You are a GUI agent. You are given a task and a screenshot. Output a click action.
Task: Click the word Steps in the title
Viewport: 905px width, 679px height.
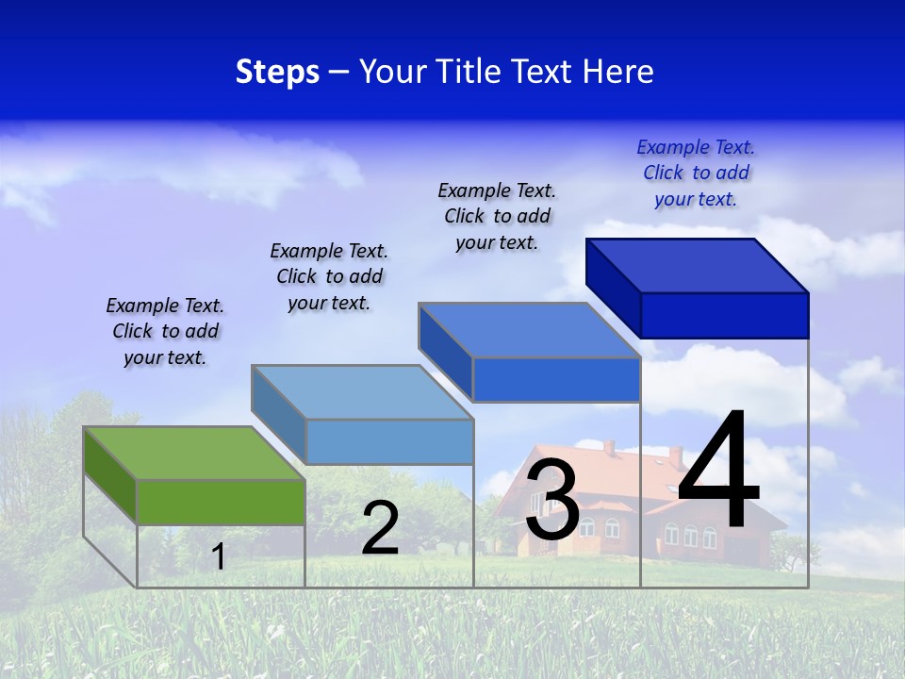pos(277,72)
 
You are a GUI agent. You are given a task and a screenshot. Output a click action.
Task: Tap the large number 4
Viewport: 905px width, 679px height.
pos(718,472)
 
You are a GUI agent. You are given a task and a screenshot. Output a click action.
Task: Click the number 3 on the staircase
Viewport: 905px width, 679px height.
pos(552,501)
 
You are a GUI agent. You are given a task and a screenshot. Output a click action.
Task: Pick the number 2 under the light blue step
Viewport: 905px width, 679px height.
pos(380,529)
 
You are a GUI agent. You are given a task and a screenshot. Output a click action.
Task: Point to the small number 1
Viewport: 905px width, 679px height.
pos(218,556)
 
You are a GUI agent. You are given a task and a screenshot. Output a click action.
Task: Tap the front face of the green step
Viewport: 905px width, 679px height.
pos(221,502)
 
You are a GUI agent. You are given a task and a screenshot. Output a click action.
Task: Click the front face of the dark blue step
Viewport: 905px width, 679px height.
pos(724,315)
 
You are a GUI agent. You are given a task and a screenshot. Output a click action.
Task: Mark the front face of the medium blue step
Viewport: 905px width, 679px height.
pos(556,380)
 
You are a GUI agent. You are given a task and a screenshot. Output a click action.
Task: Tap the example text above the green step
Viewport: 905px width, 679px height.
pos(165,332)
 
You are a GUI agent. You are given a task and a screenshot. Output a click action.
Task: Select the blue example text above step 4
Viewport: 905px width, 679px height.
pos(696,173)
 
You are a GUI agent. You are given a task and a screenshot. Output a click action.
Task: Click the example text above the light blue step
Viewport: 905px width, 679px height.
pos(329,276)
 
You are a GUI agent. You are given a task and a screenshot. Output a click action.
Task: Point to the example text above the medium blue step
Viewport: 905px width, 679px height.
pos(497,216)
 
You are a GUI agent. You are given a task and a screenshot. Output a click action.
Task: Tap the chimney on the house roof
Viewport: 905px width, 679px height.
pos(675,456)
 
